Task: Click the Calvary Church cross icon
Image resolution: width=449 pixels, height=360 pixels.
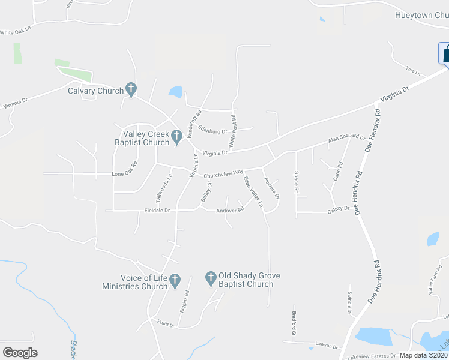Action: click(x=131, y=90)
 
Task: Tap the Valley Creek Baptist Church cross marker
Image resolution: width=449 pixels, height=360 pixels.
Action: click(x=176, y=137)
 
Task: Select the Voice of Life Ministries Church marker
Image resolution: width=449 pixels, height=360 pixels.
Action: click(x=175, y=280)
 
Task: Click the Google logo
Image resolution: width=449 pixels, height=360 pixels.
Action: click(x=20, y=353)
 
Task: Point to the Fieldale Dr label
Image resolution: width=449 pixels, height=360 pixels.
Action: click(x=158, y=211)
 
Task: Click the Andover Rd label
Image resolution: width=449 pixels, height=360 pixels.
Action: click(x=229, y=211)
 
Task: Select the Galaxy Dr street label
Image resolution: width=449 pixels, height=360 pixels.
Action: click(x=338, y=209)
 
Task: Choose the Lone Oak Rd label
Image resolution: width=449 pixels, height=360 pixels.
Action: click(x=125, y=174)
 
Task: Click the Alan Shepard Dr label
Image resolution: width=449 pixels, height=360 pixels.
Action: click(x=346, y=139)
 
